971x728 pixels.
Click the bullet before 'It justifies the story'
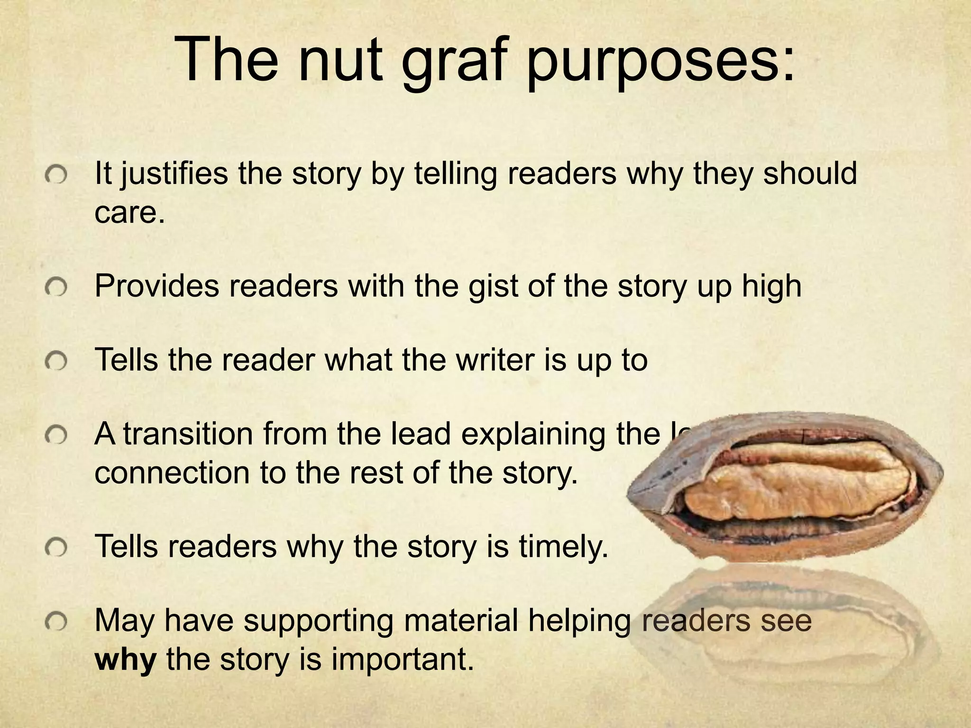(x=56, y=176)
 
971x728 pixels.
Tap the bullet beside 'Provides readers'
(x=56, y=288)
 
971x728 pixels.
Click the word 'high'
(x=771, y=287)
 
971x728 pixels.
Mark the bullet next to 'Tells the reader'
(x=56, y=362)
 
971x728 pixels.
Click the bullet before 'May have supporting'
(x=56, y=623)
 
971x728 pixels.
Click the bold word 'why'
(x=125, y=660)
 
